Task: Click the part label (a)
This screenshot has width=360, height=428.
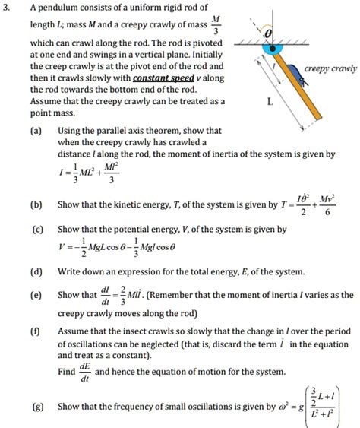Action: [x=36, y=130]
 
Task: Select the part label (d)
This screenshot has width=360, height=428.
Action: [x=36, y=271]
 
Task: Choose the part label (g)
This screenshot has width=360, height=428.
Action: [x=36, y=407]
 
